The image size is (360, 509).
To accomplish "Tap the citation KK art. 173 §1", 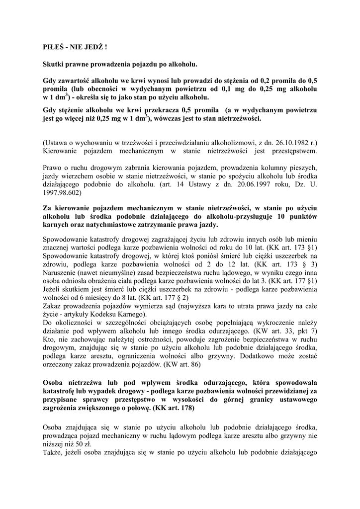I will [x=292, y=247].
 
